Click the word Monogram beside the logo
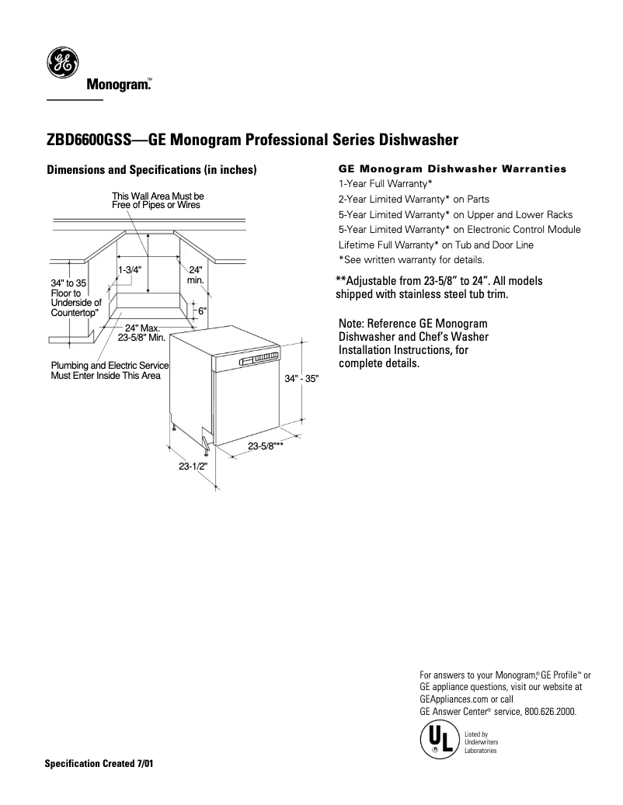(117, 84)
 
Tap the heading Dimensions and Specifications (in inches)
(151, 169)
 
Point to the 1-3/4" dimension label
(129, 269)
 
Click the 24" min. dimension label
(195, 274)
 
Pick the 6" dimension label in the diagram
(202, 311)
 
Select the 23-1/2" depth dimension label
(192, 467)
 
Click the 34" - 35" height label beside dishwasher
(301, 378)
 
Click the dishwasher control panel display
(259, 358)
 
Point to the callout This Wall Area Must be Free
(158, 200)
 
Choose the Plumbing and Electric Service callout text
(110, 370)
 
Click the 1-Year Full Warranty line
(385, 183)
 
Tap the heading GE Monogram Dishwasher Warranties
(453, 168)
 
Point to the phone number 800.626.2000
(548, 710)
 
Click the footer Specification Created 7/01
(99, 763)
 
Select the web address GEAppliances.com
(453, 699)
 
